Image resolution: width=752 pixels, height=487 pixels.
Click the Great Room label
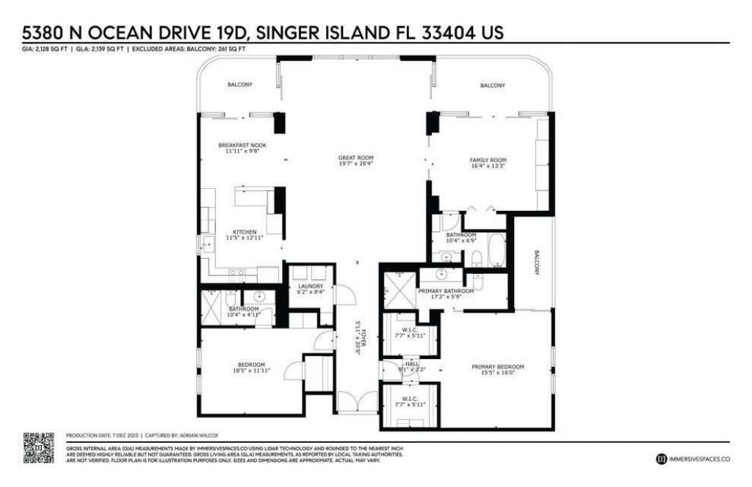coord(356,157)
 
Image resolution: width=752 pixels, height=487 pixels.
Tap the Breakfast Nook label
coord(242,145)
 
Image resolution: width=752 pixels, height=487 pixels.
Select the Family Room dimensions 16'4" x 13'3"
coord(488,167)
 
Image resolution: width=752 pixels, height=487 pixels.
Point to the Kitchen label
coord(245,232)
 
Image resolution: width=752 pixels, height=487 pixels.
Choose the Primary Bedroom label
coord(498,366)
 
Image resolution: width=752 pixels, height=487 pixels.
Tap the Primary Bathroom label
coord(445,290)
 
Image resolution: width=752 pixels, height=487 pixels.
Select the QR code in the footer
coord(39,448)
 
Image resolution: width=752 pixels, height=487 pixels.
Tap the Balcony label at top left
coord(239,85)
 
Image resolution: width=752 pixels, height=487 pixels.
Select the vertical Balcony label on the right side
coord(535,261)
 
